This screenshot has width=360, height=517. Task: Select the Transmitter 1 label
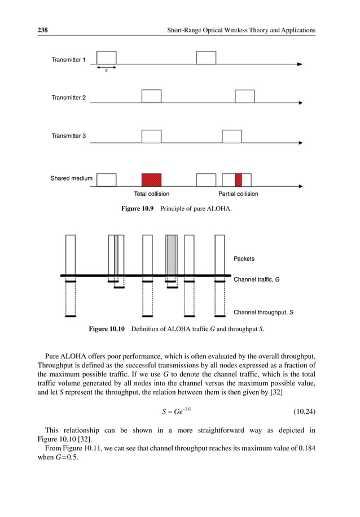pyautogui.click(x=69, y=59)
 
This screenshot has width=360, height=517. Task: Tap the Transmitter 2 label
pyautogui.click(x=69, y=98)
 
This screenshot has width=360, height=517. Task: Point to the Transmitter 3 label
pyautogui.click(x=69, y=135)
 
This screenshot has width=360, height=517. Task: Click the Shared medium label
pyautogui.click(x=72, y=178)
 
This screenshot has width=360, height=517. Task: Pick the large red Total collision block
pyautogui.click(x=151, y=180)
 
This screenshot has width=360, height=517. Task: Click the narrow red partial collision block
pyautogui.click(x=238, y=180)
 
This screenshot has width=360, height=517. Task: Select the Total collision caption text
pyautogui.click(x=151, y=194)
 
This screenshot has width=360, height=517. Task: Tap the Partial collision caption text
pyautogui.click(x=238, y=194)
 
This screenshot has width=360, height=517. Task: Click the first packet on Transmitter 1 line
pyautogui.click(x=107, y=58)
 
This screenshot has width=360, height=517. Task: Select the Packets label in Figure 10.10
pyautogui.click(x=244, y=258)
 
